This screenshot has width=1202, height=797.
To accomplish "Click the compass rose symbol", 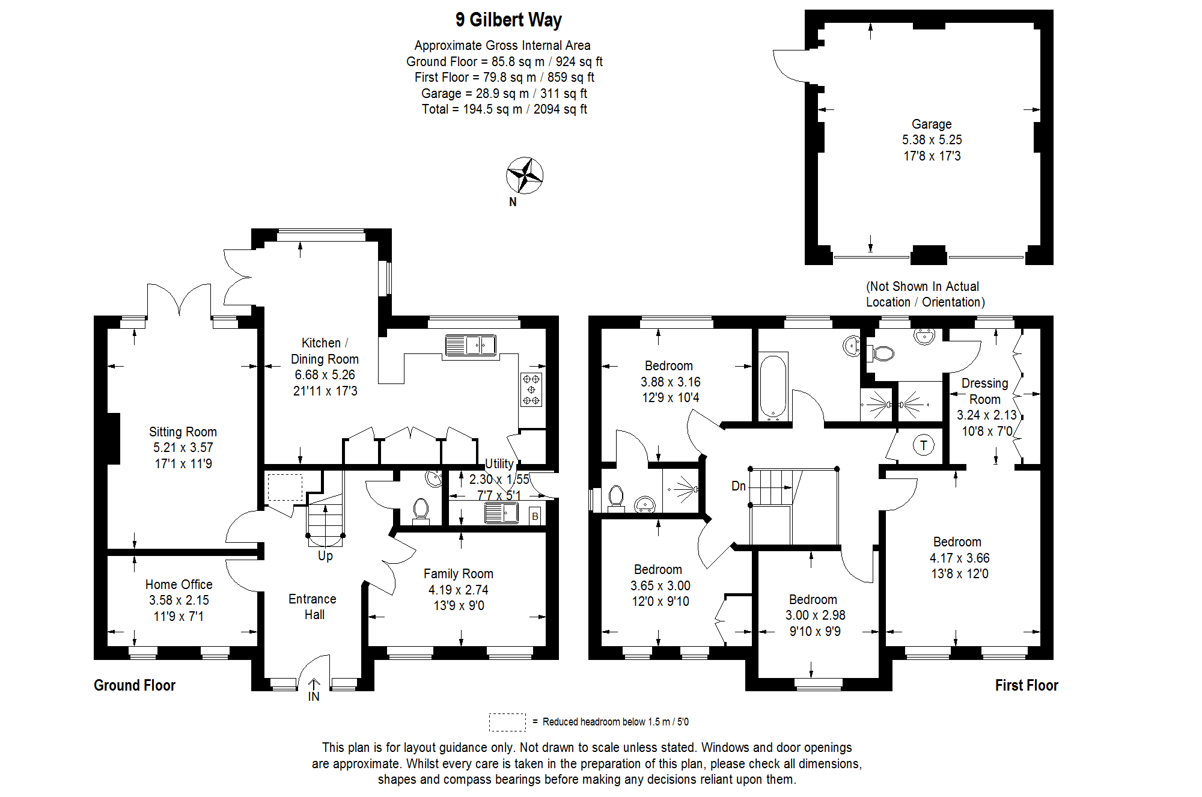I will tap(525, 176).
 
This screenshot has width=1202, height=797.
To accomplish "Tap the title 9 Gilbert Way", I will tap(508, 20).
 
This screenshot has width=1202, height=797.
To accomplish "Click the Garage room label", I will tap(932, 124).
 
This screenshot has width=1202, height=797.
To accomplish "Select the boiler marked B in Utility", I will tap(535, 516).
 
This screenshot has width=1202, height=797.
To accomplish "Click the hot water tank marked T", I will tap(923, 445).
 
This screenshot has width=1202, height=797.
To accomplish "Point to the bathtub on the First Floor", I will tap(773, 386).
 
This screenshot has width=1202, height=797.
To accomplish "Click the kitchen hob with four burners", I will tap(531, 389).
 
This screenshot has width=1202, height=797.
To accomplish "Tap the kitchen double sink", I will tap(471, 346).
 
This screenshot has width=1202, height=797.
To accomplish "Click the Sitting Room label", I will tap(183, 432).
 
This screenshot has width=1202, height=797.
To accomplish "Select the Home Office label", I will tap(178, 584).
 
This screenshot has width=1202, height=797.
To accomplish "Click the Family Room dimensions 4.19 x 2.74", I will tap(458, 590).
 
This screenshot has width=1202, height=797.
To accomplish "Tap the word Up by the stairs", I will tap(325, 555).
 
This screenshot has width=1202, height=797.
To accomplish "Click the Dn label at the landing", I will tap(738, 486).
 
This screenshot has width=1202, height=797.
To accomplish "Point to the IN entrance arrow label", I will tap(314, 696).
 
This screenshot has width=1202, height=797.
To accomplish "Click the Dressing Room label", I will tap(984, 391).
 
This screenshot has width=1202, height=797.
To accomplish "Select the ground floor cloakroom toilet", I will tap(421, 510).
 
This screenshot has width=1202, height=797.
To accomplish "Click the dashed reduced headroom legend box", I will tap(507, 722).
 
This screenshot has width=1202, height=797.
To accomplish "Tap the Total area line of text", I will tap(504, 109).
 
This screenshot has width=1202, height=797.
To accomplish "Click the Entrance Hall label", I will tap(313, 606).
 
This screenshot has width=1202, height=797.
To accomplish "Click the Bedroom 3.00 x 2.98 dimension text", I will tap(815, 615).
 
